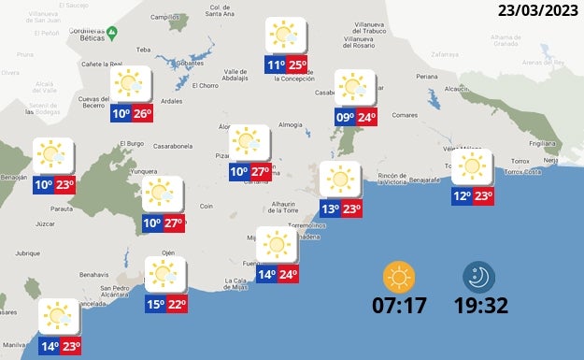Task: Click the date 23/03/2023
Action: [538, 11]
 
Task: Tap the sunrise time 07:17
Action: [400, 305]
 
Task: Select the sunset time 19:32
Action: [480, 305]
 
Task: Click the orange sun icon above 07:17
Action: [400, 277]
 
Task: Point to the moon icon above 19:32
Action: [479, 277]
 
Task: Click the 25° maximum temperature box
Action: [297, 65]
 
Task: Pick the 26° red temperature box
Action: [142, 114]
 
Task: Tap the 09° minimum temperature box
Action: [345, 118]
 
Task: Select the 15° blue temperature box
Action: [155, 304]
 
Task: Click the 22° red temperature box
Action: [178, 304]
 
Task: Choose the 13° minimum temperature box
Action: [330, 209]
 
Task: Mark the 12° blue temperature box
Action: [462, 196]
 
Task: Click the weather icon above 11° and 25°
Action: [284, 36]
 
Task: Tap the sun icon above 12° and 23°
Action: [472, 167]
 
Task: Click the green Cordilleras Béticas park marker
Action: [112, 34]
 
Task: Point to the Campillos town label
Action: [164, 17]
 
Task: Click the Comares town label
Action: [404, 115]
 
